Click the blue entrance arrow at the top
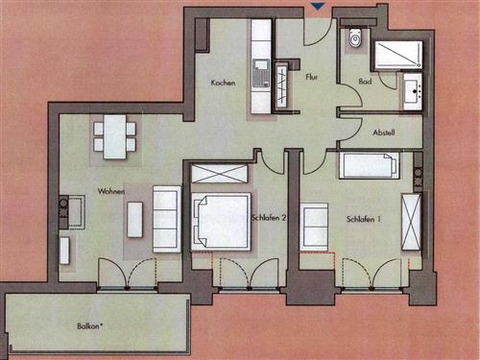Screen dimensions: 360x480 (318, 7)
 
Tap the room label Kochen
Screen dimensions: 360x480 (224, 84)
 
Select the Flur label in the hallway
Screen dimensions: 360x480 (311, 75)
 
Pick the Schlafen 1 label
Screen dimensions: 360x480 (364, 220)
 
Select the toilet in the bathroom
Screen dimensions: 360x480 (355, 38)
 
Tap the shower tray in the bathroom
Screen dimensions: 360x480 (396, 54)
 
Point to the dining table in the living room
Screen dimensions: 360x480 (114, 135)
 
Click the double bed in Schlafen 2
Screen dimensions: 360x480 (220, 223)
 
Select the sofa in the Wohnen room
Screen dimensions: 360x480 (167, 219)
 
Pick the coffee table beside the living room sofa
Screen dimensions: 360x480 (134, 219)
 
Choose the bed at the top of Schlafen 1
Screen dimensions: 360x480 (369, 165)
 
